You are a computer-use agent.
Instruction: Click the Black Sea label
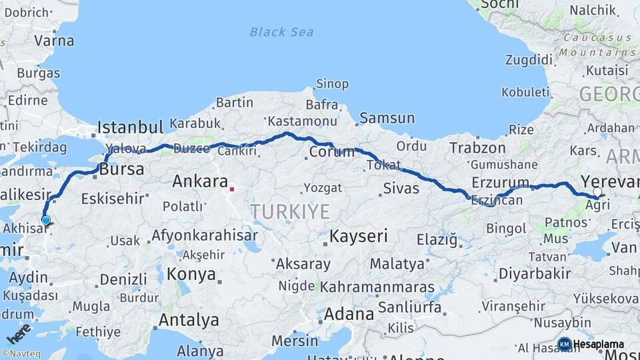(x=281, y=31)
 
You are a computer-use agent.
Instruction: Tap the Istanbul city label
(x=130, y=127)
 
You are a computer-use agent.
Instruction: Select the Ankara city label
(x=200, y=181)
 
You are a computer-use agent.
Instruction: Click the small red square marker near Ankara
(x=232, y=189)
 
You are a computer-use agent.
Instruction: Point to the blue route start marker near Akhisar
(x=45, y=220)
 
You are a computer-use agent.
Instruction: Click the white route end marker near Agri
(x=597, y=191)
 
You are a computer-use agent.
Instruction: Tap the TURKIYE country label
(x=290, y=211)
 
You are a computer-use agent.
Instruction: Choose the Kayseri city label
(x=359, y=236)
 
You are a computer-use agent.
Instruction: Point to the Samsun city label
(x=387, y=118)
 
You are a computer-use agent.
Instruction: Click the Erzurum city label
(x=500, y=182)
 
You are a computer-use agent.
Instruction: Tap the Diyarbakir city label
(x=535, y=273)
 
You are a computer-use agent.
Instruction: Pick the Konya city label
(x=191, y=274)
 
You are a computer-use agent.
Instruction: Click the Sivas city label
(x=401, y=189)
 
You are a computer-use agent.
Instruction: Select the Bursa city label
(x=121, y=170)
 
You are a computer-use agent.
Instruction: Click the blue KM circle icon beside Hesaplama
(x=564, y=344)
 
